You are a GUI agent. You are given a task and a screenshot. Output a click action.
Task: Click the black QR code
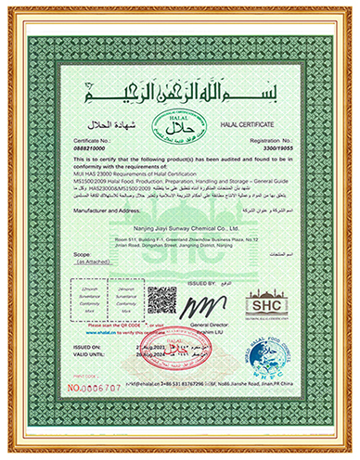tap(161, 301)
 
